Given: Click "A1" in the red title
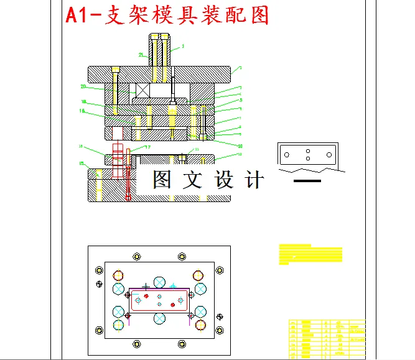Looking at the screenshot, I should pos(78,16).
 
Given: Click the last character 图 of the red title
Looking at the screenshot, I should pos(259,16).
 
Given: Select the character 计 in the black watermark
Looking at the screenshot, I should pos(254,180).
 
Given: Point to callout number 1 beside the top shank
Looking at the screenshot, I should pos(183,46).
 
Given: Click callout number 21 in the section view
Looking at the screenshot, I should pos(141,55).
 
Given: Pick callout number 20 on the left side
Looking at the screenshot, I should pos(83,86).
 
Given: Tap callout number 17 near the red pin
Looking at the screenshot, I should pos(147,147).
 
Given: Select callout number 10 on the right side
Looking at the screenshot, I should pos(240,145).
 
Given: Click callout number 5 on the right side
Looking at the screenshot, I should pos(240,99).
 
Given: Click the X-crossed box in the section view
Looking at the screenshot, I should pos(142,91).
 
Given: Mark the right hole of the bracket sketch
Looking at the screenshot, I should pos(329,154).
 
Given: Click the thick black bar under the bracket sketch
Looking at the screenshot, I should pos(307,181).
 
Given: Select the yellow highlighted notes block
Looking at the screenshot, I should pos(310,253).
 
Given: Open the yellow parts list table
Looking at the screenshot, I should pos(327,338).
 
